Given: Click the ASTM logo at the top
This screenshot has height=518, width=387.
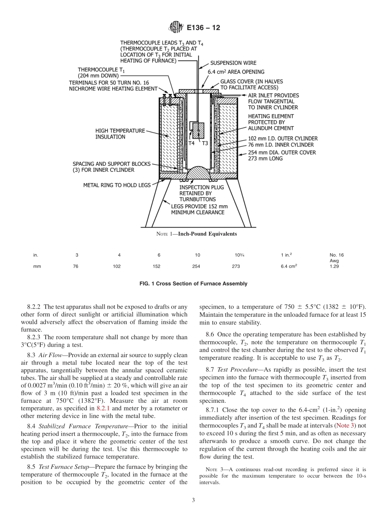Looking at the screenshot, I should tap(176, 28).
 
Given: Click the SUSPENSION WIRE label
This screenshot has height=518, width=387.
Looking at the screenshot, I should tap(233, 63).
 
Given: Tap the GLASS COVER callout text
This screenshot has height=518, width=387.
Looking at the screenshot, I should tap(251, 84).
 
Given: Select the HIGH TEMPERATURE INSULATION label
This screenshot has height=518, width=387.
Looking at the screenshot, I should tap(120, 134).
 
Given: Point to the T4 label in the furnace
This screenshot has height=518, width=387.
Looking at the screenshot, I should tap(191, 143).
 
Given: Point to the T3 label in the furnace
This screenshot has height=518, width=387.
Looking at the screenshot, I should tap(205, 143).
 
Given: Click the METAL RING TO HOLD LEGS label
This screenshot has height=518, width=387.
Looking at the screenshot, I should tap(117, 185).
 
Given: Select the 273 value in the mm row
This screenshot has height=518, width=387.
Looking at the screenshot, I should tap(235, 266).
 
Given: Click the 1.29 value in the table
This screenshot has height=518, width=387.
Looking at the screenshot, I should tap(334, 266).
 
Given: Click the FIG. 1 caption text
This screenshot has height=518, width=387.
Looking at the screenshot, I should tap(193, 283).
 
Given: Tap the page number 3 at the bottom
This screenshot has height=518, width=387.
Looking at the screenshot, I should tap(193, 500).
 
